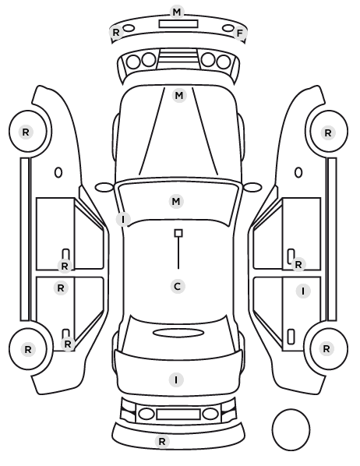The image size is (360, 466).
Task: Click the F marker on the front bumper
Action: [239, 34]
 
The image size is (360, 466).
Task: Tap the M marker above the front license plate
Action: [177, 12]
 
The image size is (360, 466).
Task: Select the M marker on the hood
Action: [179, 96]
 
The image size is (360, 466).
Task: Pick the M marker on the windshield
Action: [176, 202]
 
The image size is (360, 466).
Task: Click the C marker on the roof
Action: [178, 287]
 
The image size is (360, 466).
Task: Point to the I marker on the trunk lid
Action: [176, 380]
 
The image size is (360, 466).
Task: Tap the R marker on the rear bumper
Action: [162, 442]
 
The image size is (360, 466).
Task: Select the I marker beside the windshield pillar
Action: [123, 219]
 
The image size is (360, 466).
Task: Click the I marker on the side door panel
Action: [303, 291]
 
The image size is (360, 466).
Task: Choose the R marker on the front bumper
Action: [116, 33]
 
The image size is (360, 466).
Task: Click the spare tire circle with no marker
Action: [291, 429]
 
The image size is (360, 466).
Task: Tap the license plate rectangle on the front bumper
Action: [178, 24]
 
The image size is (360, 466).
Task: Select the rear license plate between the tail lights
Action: [178, 415]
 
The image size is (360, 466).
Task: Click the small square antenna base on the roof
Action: [178, 233]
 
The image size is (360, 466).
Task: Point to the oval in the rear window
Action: [178, 333]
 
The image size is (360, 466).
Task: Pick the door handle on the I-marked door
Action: [291, 337]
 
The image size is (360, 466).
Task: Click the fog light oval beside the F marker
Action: [228, 28]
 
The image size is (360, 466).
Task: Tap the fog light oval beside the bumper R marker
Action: [129, 28]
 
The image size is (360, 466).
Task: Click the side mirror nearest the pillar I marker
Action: [104, 188]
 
